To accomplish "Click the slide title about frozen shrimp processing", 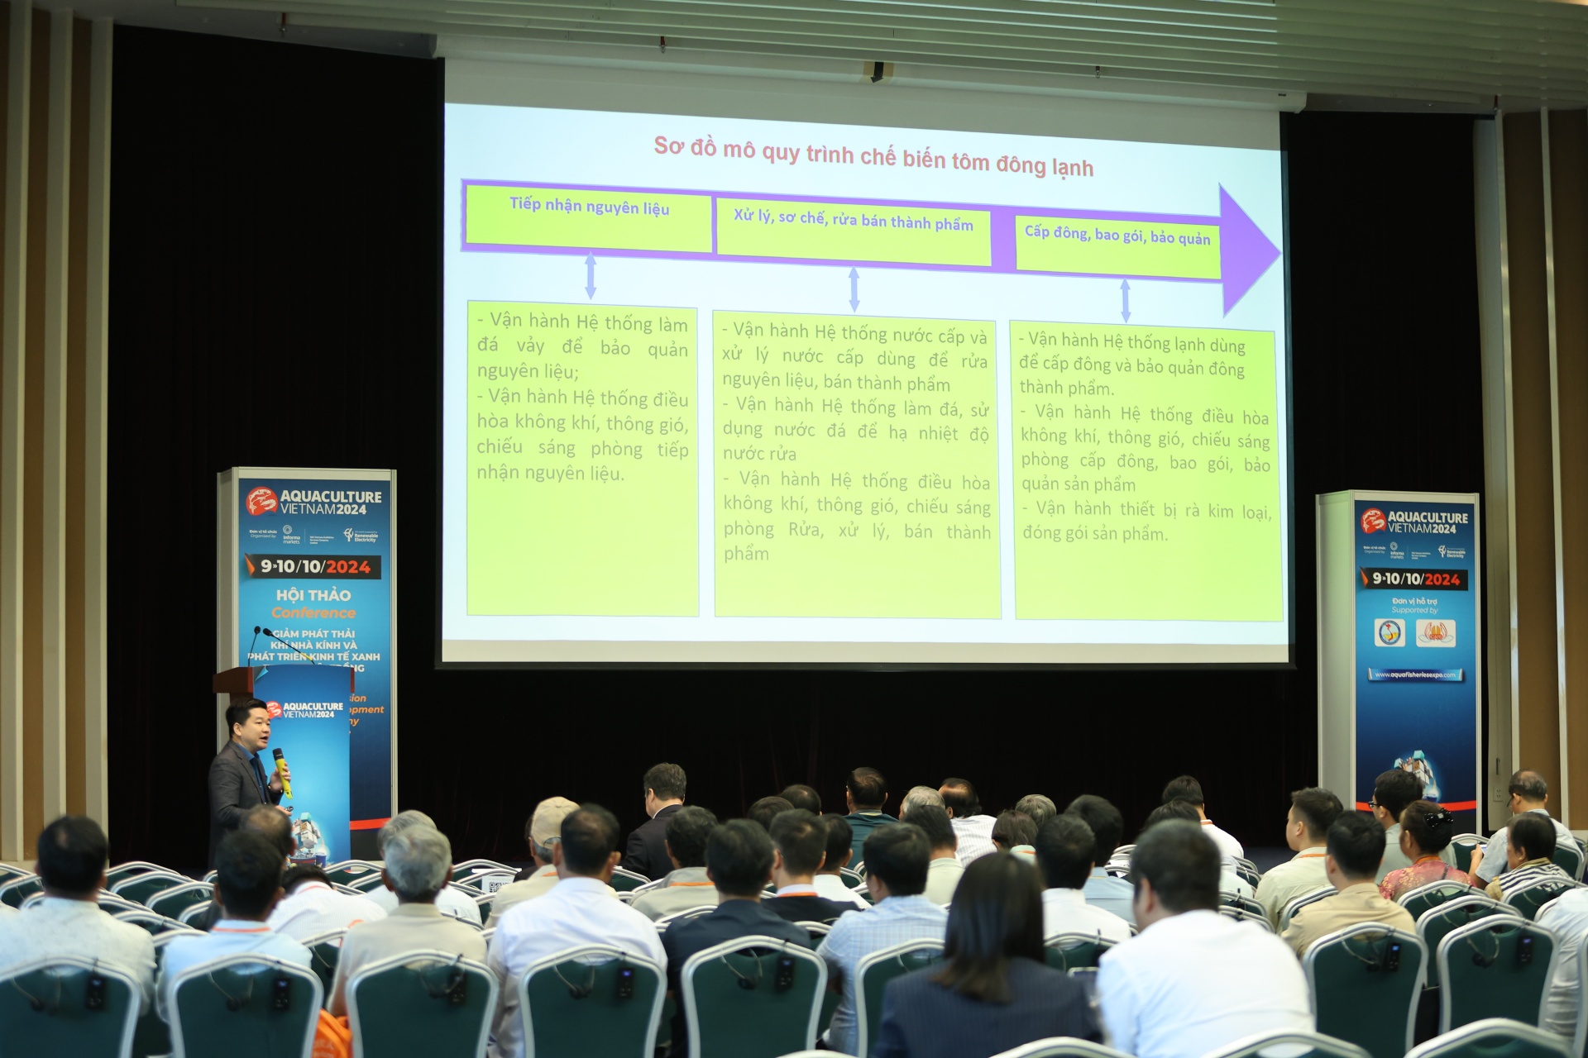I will click(873, 157).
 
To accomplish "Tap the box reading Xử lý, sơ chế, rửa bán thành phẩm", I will click(853, 231).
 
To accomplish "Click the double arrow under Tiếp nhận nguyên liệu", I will click(591, 275).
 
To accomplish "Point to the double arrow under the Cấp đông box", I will click(1125, 301).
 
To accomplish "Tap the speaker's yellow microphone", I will click(281, 769).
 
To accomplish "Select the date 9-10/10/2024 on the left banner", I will click(314, 566).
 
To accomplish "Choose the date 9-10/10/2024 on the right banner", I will click(1415, 579).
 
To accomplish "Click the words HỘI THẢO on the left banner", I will click(313, 595).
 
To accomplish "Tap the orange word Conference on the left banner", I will click(313, 613).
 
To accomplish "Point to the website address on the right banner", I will click(1414, 674).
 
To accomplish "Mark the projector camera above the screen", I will click(878, 71).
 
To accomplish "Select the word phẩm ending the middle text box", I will click(746, 554).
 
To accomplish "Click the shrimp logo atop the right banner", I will click(1374, 521).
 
